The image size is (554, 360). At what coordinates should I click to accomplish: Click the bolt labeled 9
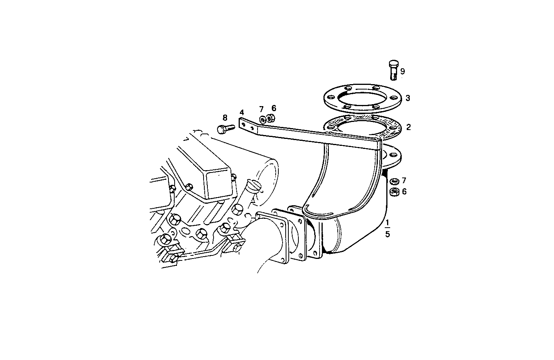click(x=393, y=70)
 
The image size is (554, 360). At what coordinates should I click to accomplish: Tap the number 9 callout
click(x=402, y=71)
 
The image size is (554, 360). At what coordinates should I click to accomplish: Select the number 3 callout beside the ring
click(x=408, y=98)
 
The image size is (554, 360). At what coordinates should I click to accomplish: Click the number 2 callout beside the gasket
click(x=408, y=127)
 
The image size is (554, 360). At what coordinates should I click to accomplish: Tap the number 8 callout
click(x=225, y=118)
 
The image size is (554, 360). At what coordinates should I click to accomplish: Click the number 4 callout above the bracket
click(x=242, y=112)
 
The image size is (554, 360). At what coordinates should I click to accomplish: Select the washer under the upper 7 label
click(x=263, y=118)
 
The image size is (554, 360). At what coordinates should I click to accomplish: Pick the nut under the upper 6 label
click(x=270, y=118)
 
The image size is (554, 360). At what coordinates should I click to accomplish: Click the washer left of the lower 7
click(x=394, y=181)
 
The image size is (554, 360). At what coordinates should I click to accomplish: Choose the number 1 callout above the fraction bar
click(x=387, y=223)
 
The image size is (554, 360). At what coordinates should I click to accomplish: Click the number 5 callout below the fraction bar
click(x=387, y=234)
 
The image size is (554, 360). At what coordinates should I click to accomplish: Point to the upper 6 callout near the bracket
click(x=274, y=108)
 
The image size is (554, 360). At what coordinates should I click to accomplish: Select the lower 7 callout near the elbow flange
click(x=404, y=180)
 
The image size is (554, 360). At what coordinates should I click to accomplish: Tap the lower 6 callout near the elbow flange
click(x=404, y=191)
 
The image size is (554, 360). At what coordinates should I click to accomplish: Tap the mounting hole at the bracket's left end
click(x=243, y=124)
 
